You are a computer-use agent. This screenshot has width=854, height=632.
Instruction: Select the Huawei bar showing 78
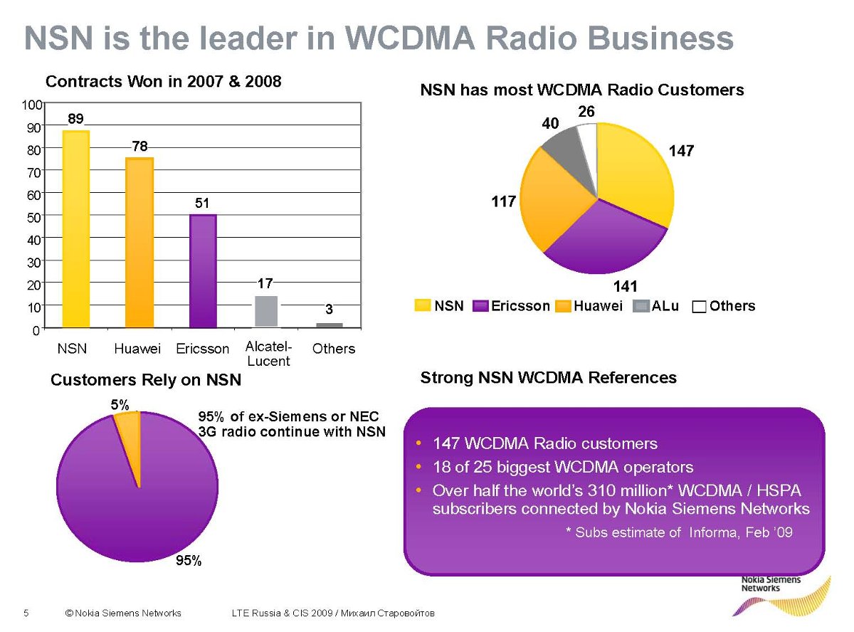(x=139, y=242)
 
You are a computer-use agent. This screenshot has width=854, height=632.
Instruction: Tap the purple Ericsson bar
(x=203, y=270)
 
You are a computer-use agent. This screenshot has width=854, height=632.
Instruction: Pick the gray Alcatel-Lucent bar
(x=266, y=311)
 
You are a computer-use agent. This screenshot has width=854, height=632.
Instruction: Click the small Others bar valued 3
(x=330, y=325)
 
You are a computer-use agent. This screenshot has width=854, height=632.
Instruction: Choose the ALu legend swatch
(x=640, y=306)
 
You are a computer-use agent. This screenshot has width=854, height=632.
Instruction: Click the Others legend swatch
(x=699, y=307)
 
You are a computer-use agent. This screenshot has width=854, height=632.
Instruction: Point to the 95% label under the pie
(x=189, y=561)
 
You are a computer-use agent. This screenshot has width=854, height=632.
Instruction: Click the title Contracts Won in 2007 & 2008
(x=164, y=81)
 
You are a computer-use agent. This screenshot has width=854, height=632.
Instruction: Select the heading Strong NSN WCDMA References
(x=548, y=377)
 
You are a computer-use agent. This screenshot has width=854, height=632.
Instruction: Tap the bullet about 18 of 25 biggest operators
(x=562, y=467)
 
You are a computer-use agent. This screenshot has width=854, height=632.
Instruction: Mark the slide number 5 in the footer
(x=26, y=613)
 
